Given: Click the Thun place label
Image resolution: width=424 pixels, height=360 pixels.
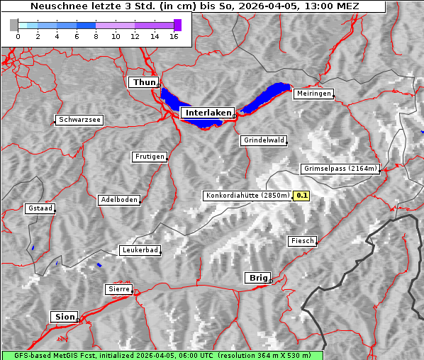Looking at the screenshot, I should click(x=144, y=83).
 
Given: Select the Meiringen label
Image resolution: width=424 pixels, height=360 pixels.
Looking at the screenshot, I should click(x=313, y=94).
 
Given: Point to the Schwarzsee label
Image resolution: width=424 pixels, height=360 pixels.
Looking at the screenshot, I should click(x=79, y=120).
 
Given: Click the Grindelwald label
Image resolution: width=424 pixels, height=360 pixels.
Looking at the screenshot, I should click(x=264, y=140).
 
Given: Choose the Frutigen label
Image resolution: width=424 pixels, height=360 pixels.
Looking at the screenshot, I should click(x=149, y=157).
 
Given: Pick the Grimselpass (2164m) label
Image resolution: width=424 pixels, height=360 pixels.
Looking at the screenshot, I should click(x=340, y=169).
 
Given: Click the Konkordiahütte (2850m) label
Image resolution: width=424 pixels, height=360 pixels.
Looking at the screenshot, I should click(x=247, y=196).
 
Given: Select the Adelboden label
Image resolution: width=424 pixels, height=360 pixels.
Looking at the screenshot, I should click(x=118, y=200).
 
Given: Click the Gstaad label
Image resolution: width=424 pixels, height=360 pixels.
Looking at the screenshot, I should click(x=40, y=209).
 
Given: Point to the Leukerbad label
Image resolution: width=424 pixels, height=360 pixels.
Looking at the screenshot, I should click(x=140, y=250).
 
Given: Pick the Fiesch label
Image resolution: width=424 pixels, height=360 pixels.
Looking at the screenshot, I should click(x=302, y=241).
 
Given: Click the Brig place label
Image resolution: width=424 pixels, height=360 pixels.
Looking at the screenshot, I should click(x=257, y=278).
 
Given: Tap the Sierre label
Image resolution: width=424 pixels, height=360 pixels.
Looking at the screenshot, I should click(x=118, y=289).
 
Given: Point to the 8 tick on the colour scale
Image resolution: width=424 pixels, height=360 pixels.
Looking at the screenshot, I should click(x=96, y=37).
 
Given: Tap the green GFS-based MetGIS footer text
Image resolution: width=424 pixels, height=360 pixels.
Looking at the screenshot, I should click(x=162, y=355).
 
